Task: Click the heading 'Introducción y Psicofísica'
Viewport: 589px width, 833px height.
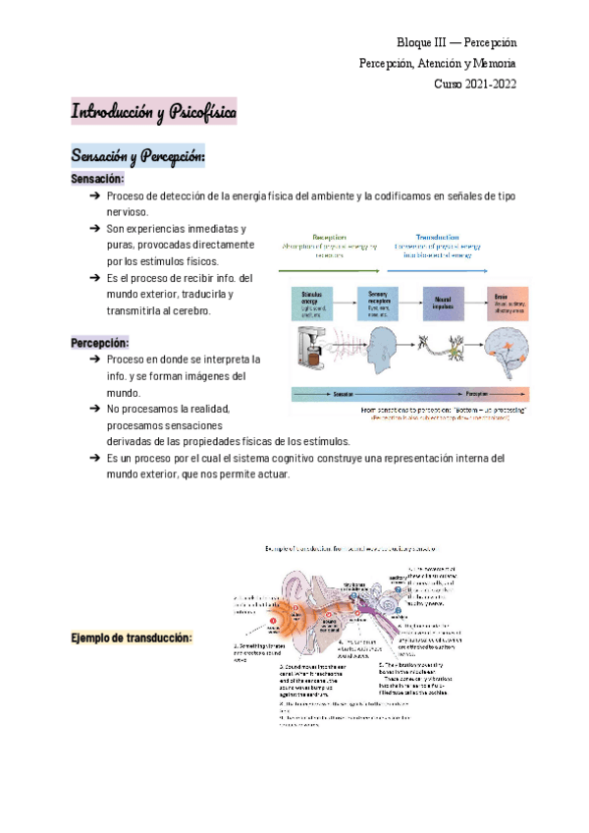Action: (153, 112)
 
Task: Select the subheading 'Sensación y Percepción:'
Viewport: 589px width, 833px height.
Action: (136, 156)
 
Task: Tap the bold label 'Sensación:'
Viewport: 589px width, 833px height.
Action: (97, 180)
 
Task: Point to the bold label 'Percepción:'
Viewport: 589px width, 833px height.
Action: (100, 343)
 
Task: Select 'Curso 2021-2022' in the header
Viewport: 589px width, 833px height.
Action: (475, 83)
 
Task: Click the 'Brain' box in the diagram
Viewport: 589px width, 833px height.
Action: (507, 301)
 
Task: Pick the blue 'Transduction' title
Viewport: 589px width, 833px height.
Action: (434, 238)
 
